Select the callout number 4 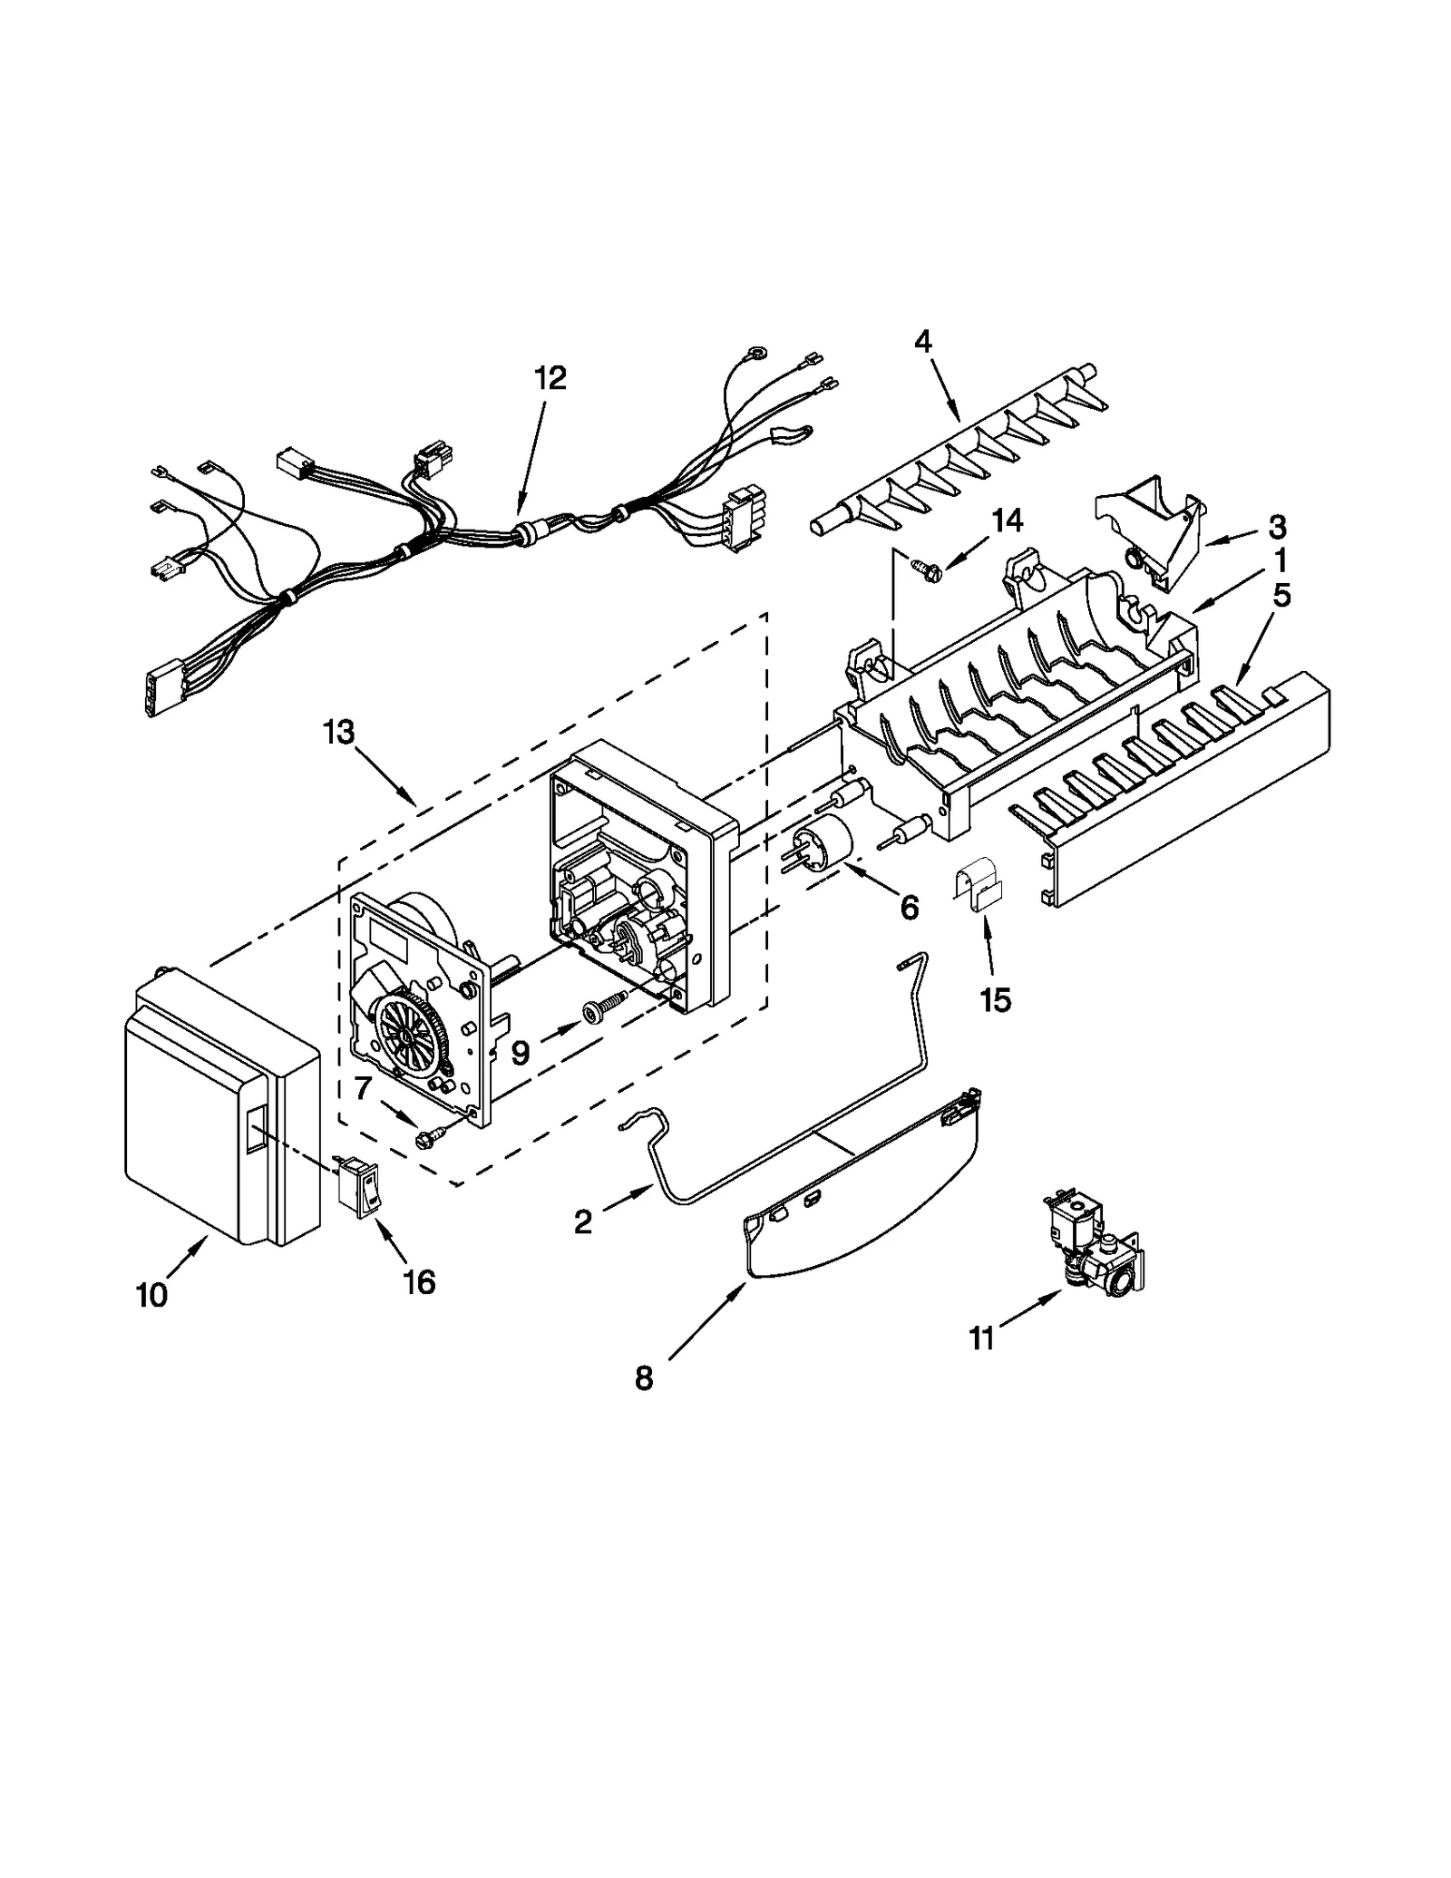point(922,342)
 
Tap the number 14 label point(1008,521)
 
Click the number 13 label point(338,732)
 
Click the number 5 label point(1281,596)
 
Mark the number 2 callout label point(583,1222)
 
